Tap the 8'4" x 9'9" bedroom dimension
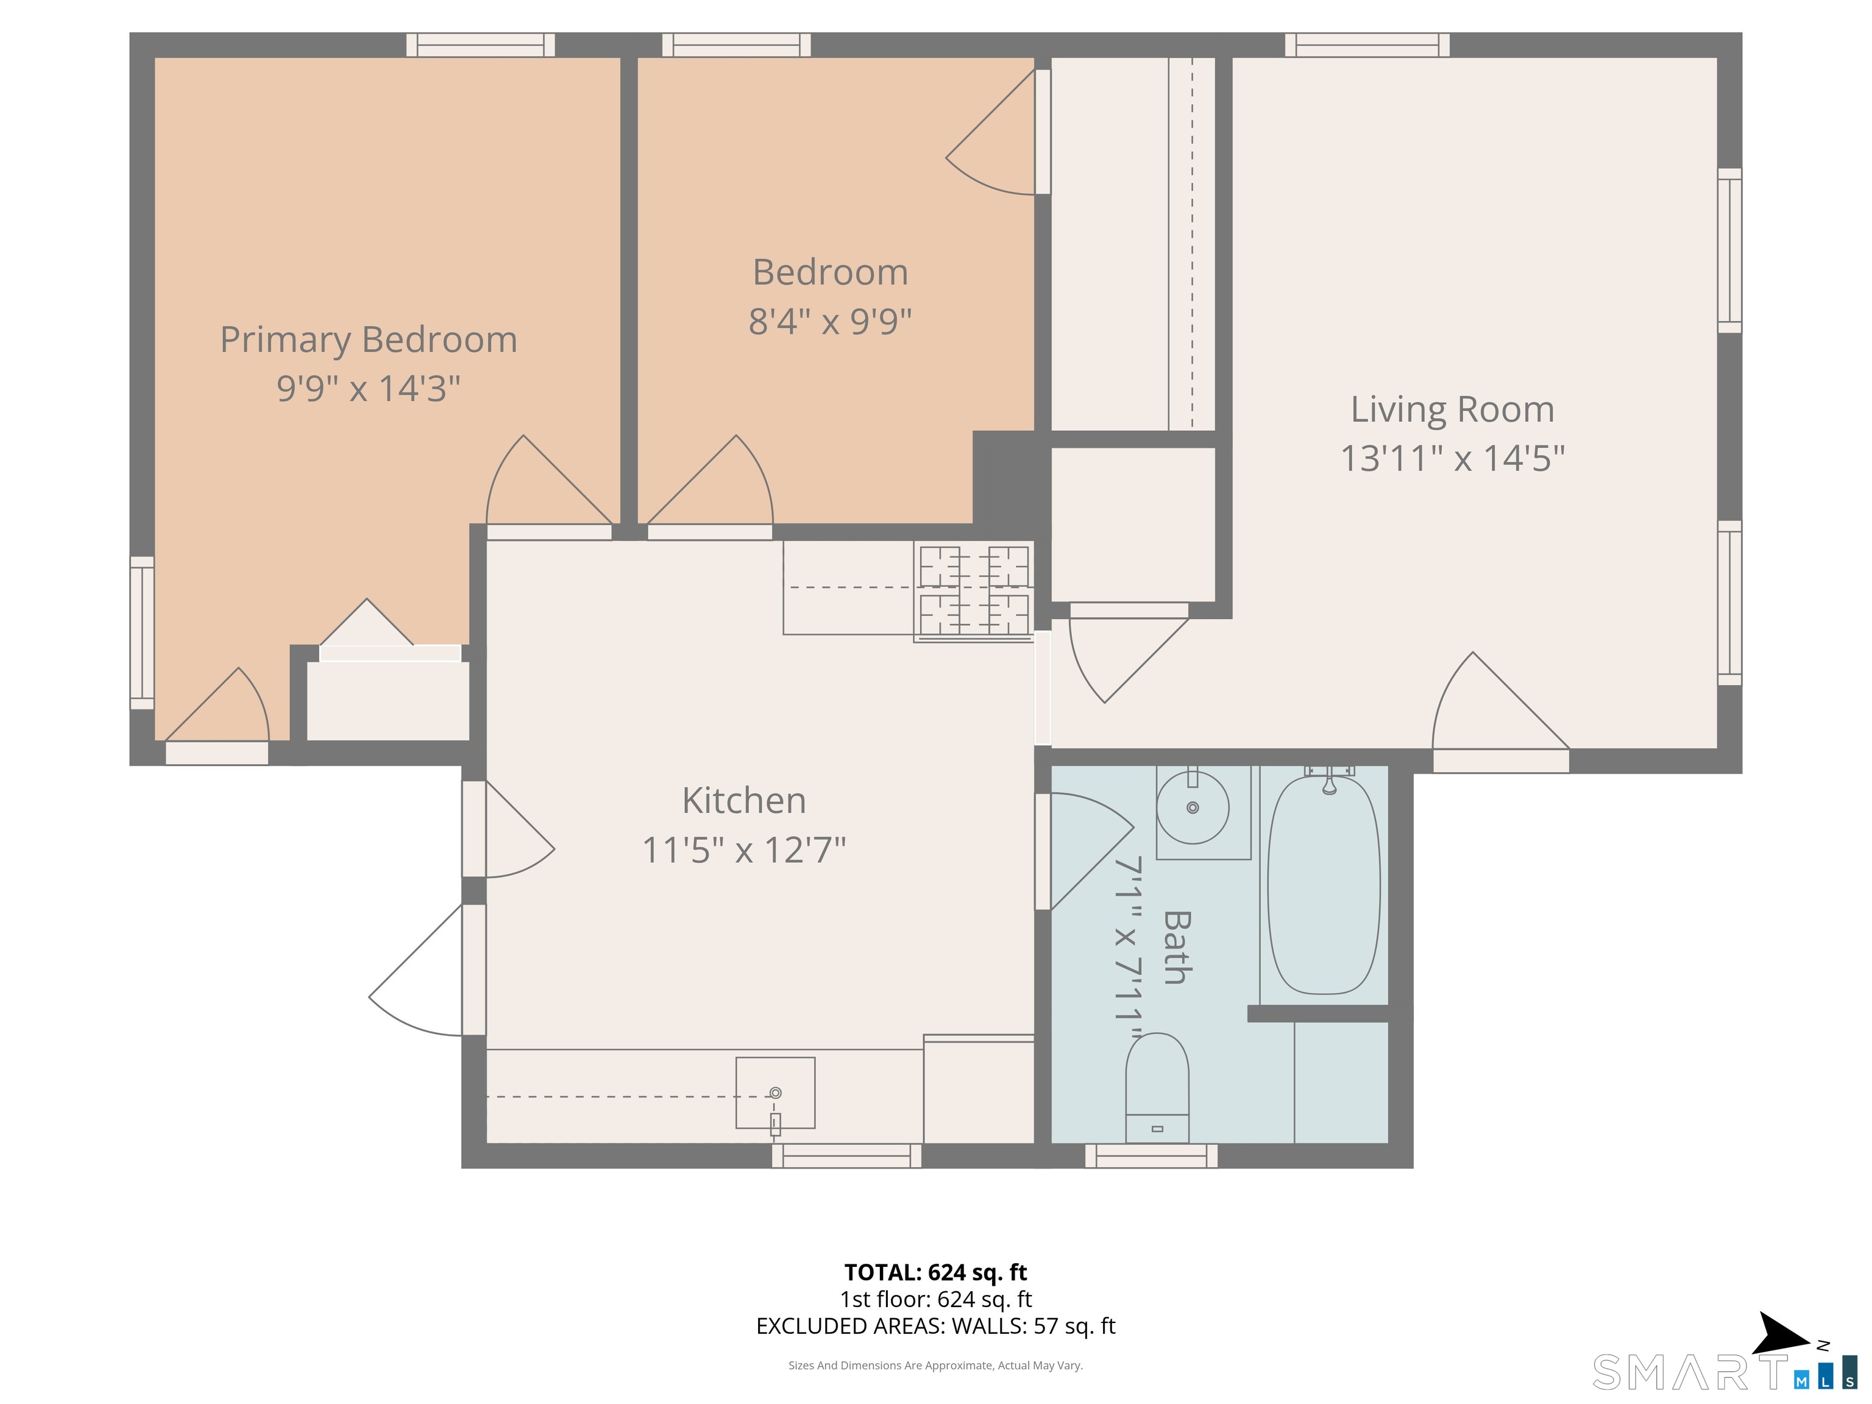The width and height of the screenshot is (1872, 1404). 829,322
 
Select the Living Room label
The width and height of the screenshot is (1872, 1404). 1452,409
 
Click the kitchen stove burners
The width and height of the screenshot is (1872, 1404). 974,590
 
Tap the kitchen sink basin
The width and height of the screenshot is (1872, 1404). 775,1092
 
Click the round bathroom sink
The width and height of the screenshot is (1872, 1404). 1193,807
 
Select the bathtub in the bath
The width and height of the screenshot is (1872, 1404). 1324,884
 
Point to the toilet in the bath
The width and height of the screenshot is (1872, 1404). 1157,1088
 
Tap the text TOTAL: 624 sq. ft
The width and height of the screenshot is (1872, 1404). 935,1272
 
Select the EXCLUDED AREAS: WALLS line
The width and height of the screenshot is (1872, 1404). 935,1325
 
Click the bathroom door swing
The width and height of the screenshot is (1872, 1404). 1088,846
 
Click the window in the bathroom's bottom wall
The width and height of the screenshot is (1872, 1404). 1151,1155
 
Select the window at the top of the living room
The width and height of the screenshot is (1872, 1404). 1367,45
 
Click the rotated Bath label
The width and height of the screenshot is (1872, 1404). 1176,947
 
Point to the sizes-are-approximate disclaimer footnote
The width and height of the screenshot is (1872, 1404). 935,1364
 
